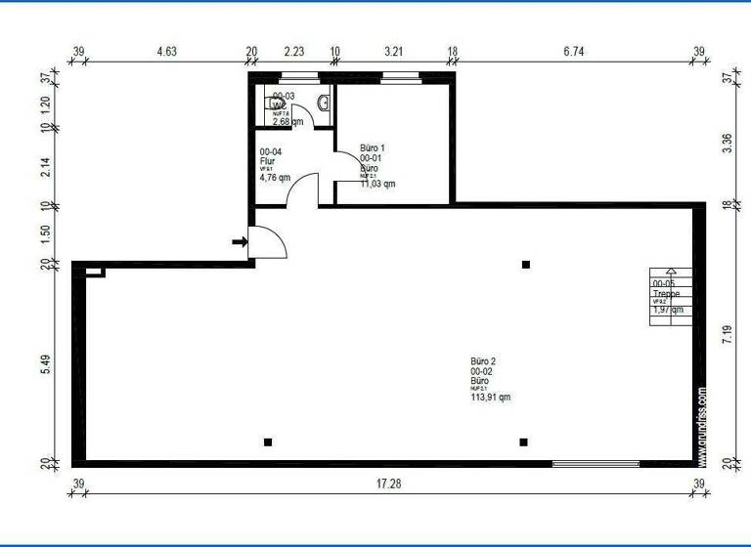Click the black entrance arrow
click(x=239, y=241)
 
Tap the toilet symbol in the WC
click(x=273, y=102)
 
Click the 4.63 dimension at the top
click(x=160, y=51)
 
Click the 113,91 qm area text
click(x=490, y=398)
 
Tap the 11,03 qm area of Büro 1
click(x=377, y=183)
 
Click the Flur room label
click(x=268, y=161)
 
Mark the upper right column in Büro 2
click(x=526, y=265)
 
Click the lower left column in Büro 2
click(x=268, y=442)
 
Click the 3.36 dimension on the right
click(x=727, y=142)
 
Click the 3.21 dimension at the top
click(x=394, y=51)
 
